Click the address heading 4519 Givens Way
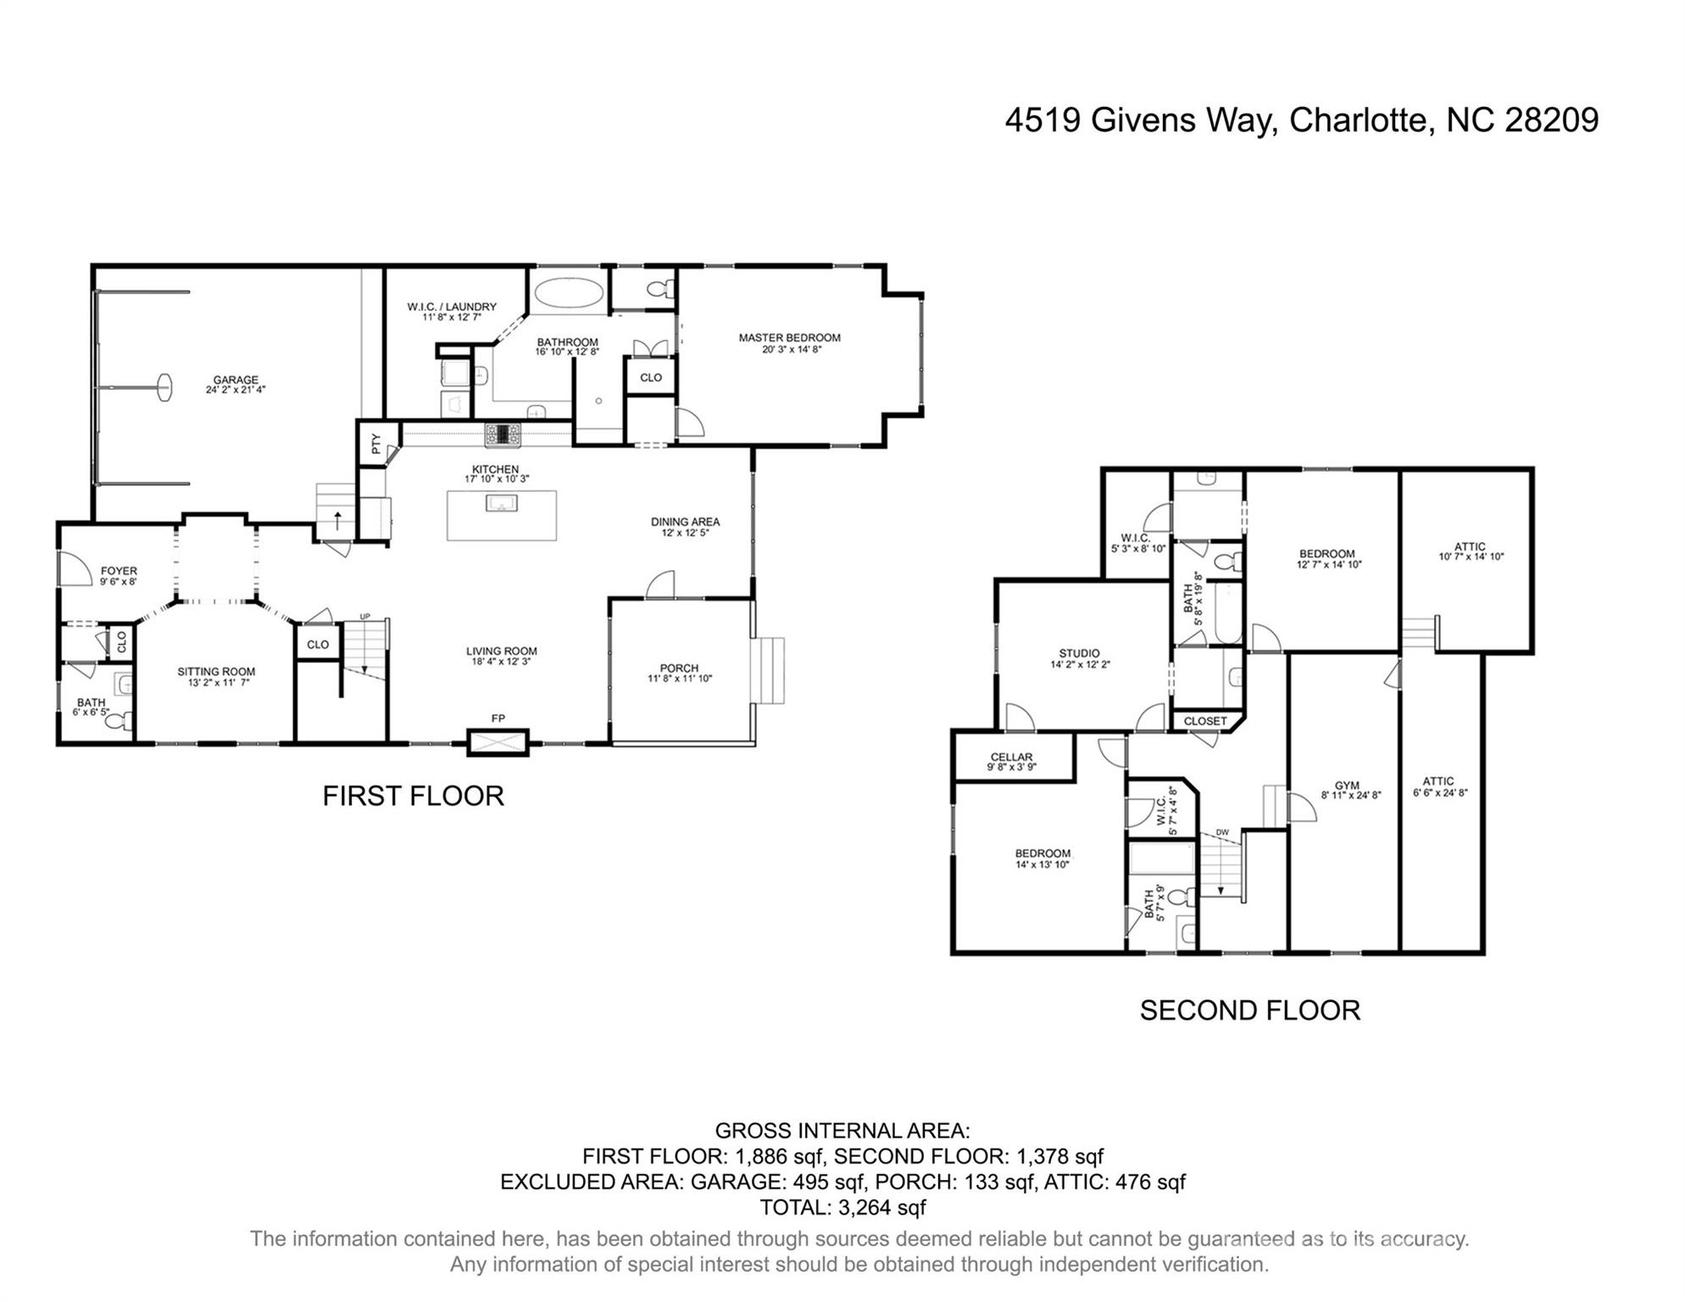coord(1301,120)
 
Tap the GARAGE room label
coord(236,381)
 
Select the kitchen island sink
coord(502,504)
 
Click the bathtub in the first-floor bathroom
coord(569,294)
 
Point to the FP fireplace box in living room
coord(498,743)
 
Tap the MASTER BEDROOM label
coord(789,337)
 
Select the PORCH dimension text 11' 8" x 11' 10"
coord(680,679)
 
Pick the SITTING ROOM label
coord(216,671)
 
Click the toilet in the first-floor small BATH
coord(125,721)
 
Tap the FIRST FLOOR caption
coord(413,796)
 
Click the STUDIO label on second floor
coord(1079,654)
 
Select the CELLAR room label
coord(1011,757)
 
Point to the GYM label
coord(1346,785)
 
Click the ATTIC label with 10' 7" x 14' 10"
coord(1470,547)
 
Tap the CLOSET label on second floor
coord(1204,721)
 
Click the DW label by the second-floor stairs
coord(1222,832)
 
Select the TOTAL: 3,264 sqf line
coord(842,1207)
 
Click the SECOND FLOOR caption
coord(1249,1010)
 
